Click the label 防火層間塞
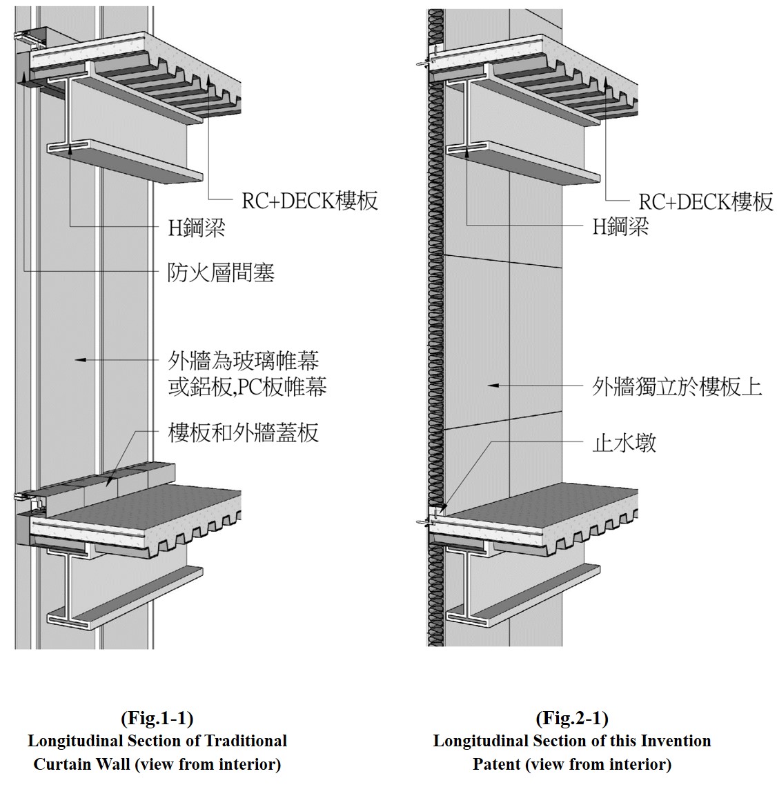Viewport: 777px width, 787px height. (221, 273)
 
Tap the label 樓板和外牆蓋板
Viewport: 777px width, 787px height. (243, 433)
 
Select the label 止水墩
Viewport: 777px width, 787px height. (624, 442)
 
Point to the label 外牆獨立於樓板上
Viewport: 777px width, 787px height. (677, 386)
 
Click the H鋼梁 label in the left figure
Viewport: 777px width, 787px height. (197, 228)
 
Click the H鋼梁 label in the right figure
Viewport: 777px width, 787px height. (620, 226)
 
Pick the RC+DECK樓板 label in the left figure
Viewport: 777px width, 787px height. (310, 201)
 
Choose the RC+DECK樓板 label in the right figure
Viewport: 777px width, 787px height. (705, 201)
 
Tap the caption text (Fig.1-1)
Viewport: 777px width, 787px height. (157, 718)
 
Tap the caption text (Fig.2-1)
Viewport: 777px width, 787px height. (571, 718)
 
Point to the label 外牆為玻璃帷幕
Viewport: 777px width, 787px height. (244, 361)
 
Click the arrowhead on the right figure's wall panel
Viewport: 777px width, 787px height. (490, 385)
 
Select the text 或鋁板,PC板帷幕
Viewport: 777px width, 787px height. (247, 386)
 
